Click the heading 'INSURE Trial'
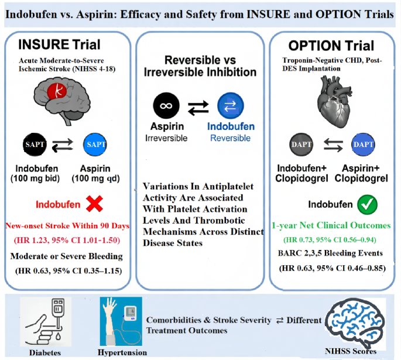(x=59, y=44)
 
